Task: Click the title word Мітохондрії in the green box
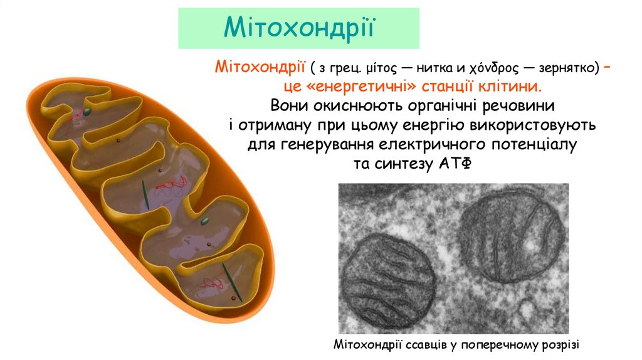(x=300, y=28)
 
